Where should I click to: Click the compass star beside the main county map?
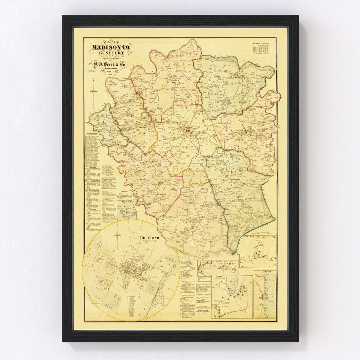[93, 91]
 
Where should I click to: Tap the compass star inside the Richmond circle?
[117, 235]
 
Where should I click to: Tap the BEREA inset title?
[220, 277]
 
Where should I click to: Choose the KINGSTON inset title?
[266, 272]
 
